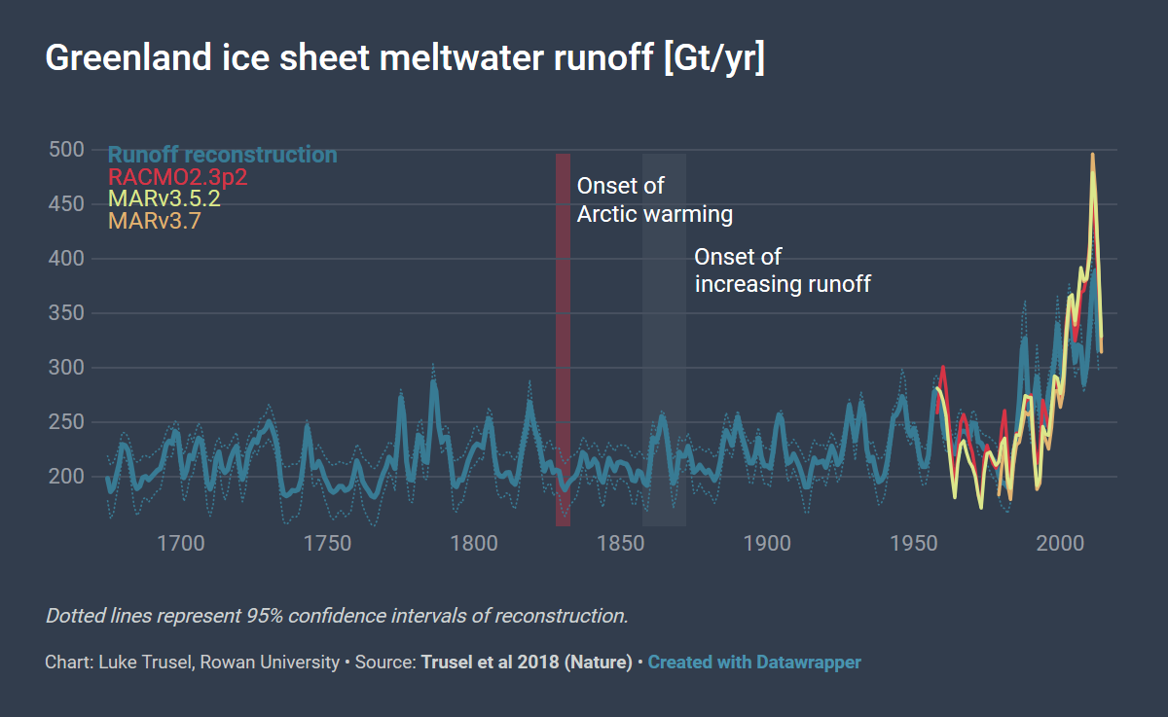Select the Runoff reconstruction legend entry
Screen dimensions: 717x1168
(x=223, y=155)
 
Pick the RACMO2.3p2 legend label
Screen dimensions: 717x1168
(x=178, y=177)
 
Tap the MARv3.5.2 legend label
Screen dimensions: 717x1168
(x=164, y=198)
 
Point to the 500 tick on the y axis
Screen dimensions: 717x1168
(x=66, y=150)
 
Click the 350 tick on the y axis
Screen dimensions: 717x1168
(x=66, y=313)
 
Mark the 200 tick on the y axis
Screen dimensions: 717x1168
(x=66, y=477)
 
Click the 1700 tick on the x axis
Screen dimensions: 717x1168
(x=181, y=543)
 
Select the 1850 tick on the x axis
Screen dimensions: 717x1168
(x=621, y=543)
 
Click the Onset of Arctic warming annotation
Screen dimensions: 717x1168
(x=654, y=199)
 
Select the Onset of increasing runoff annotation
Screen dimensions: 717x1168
(x=782, y=270)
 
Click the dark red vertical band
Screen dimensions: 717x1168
(x=563, y=341)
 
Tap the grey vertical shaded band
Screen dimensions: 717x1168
(x=664, y=341)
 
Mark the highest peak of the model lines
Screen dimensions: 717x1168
(x=1092, y=156)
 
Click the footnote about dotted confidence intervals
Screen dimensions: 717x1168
(x=337, y=616)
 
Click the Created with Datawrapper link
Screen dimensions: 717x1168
(x=754, y=663)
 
